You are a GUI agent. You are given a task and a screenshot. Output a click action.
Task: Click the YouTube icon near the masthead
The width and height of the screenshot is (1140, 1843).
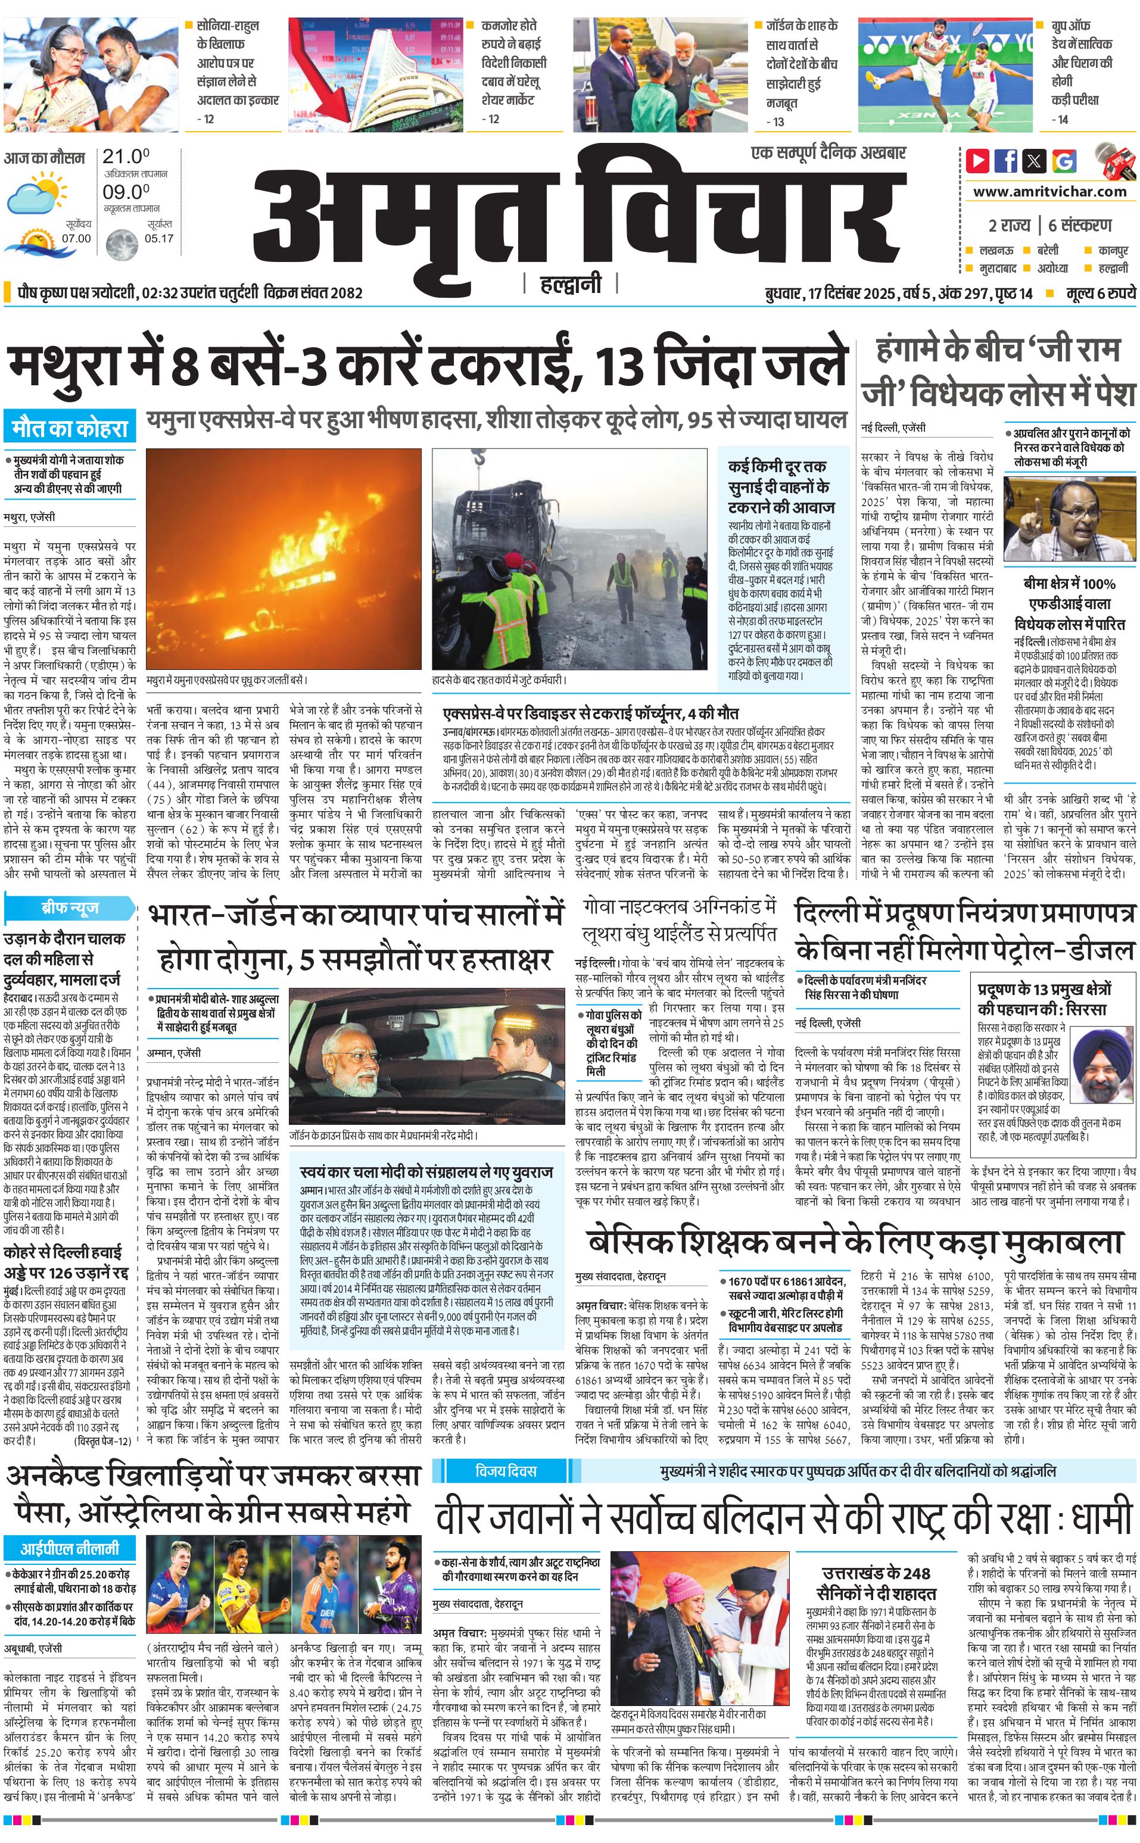click(x=978, y=161)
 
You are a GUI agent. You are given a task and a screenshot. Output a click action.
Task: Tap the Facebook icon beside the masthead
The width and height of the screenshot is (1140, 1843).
click(x=1006, y=161)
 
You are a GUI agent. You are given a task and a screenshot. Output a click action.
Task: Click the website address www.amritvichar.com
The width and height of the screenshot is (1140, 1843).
click(x=1049, y=192)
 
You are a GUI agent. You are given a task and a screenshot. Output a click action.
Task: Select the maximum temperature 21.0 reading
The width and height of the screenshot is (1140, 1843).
click(x=126, y=157)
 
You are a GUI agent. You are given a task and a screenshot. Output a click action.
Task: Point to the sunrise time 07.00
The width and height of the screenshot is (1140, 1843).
click(x=76, y=238)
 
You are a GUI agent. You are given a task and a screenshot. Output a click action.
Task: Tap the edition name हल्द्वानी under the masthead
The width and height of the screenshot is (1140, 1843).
click(x=571, y=284)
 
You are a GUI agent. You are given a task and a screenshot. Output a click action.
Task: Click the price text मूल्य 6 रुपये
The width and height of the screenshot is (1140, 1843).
click(x=1100, y=293)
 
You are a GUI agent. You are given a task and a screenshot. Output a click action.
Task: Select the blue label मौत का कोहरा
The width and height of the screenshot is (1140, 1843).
click(x=70, y=429)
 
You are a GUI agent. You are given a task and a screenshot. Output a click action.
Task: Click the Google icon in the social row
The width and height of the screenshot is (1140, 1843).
click(x=1064, y=161)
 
